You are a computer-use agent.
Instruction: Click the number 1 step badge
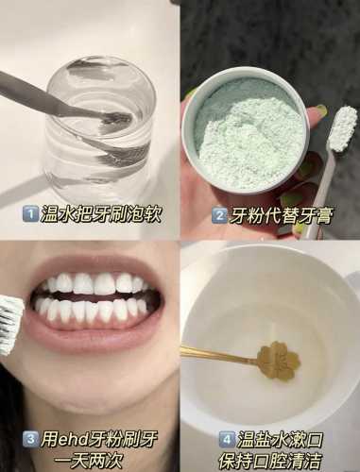click(30, 214)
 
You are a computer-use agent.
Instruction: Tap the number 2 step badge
click(219, 216)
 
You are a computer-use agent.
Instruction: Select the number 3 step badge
click(30, 438)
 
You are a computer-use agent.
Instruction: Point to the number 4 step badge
click(226, 439)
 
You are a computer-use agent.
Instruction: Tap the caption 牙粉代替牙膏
click(280, 216)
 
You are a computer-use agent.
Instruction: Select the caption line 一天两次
click(88, 461)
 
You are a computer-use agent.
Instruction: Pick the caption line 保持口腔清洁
click(270, 461)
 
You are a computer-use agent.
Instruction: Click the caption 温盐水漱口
click(279, 439)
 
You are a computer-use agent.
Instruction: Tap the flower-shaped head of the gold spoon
click(278, 361)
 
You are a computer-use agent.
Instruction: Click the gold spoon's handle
click(219, 355)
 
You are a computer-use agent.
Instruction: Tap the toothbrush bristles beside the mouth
click(10, 325)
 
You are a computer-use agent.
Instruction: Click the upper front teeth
click(94, 283)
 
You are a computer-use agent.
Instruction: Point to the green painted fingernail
click(320, 110)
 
